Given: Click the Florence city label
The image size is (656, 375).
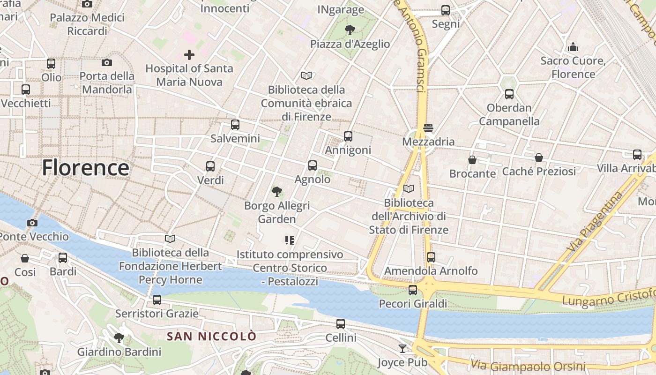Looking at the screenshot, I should (85, 168).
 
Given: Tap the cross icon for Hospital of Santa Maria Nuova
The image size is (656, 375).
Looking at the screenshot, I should (189, 55).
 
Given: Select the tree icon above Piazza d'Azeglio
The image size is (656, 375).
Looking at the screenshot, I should (350, 30).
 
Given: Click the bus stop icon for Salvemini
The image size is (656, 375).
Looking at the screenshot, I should (235, 125).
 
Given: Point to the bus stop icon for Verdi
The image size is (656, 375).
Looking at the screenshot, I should (210, 166).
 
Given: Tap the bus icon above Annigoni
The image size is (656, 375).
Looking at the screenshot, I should (348, 136).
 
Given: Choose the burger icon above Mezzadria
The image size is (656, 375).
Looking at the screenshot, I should (428, 127).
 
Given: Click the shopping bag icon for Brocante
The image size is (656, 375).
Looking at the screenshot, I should (472, 160).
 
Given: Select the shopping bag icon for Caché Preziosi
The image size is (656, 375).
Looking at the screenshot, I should (539, 158).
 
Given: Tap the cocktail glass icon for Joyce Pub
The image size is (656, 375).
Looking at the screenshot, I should (403, 348).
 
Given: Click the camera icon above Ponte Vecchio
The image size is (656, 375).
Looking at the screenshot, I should (32, 223).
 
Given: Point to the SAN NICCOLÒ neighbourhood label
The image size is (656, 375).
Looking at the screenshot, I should (212, 336).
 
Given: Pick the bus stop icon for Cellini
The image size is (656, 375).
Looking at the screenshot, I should (341, 323).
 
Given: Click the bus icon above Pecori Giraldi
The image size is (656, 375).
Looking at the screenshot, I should (413, 290).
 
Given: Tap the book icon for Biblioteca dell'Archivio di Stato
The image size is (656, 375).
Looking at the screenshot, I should (409, 188).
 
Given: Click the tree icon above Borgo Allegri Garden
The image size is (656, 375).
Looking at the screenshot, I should (277, 191).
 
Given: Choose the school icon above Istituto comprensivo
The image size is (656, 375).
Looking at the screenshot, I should (290, 240).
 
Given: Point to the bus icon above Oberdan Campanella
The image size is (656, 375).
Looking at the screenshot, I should (509, 94).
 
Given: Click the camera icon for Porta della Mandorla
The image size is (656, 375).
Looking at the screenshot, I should (107, 62).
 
